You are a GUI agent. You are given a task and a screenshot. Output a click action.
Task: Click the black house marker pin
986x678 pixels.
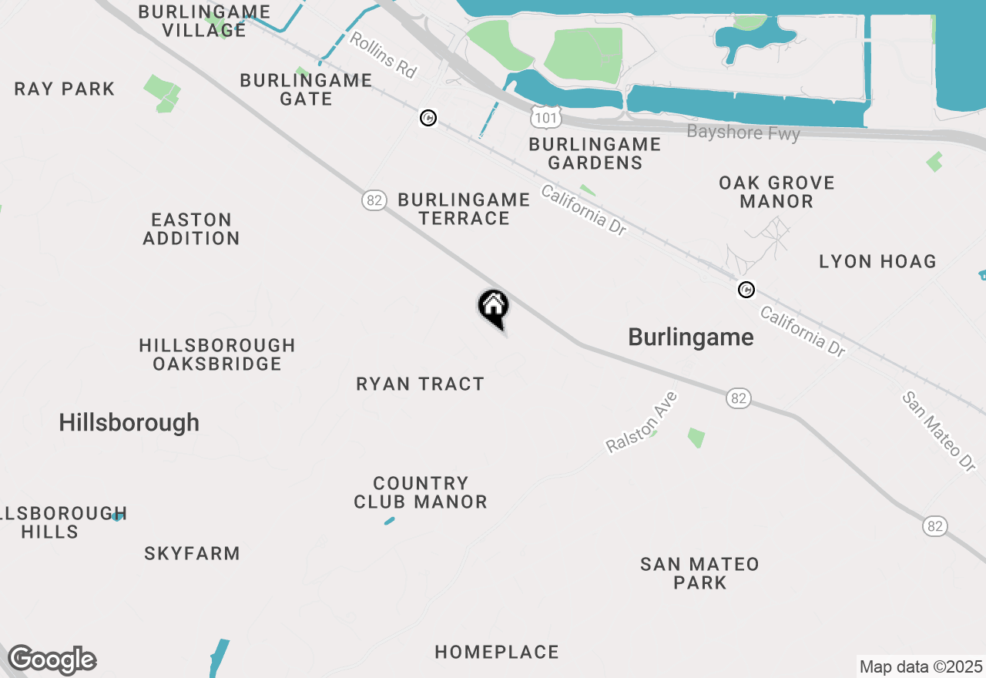point(494,308)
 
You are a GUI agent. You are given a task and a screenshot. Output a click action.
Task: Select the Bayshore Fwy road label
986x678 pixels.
point(743,133)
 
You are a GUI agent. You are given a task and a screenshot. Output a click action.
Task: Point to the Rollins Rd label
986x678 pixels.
point(383,55)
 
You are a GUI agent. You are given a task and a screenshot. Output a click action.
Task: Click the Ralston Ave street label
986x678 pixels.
point(641,423)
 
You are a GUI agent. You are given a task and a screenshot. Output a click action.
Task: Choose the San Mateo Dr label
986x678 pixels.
point(939,431)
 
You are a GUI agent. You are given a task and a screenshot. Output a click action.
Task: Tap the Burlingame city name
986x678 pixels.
point(691,337)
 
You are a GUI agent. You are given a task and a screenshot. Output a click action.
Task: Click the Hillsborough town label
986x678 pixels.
point(129,422)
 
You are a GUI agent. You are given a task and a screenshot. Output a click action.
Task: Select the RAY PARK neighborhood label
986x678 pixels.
point(65,89)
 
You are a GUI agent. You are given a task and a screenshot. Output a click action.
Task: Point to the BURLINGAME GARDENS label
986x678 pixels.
point(595,153)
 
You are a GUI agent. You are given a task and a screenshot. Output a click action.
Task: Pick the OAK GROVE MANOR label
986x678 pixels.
point(776,192)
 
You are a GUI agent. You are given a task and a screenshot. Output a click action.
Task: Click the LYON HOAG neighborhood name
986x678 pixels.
point(877,261)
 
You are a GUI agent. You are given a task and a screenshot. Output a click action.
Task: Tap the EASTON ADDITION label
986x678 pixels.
point(191,229)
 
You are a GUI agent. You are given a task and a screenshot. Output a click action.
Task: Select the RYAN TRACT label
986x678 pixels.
point(420,384)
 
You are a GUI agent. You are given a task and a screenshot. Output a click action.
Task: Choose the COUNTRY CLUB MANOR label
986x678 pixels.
point(421,492)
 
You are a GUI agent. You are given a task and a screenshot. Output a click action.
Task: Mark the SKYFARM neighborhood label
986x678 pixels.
point(192,553)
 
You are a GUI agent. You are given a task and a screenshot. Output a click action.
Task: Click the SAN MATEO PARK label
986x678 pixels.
point(699,573)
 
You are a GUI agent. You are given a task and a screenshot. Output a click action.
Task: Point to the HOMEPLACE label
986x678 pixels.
point(497,652)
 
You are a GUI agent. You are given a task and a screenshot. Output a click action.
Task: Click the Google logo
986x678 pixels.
point(52,660)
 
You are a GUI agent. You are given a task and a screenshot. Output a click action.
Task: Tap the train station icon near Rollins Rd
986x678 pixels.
point(428,118)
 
